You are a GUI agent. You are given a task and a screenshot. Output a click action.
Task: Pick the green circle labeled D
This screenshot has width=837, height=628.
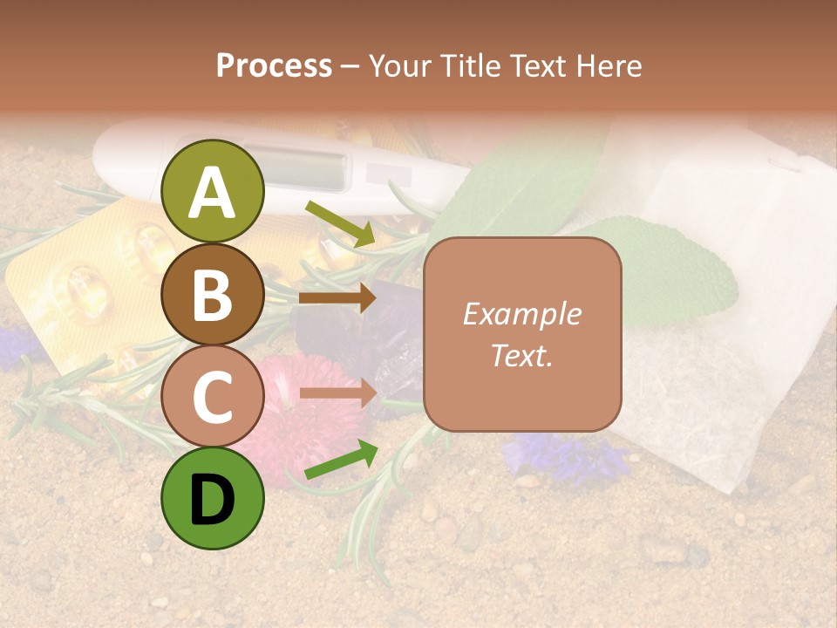click(213, 500)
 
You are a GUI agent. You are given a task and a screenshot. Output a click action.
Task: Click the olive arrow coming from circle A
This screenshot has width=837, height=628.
click(339, 223)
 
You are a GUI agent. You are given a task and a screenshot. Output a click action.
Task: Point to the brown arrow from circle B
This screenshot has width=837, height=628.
click(337, 298)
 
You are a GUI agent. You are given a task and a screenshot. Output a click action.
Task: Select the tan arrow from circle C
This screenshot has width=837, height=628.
click(337, 392)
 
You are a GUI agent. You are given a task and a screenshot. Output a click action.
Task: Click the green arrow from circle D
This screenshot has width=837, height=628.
click(339, 461)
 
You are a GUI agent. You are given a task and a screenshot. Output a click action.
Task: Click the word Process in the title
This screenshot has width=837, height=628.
click(274, 65)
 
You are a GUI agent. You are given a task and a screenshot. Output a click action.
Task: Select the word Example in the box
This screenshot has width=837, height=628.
click(522, 314)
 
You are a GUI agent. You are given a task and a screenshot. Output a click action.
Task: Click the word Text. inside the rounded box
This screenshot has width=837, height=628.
click(522, 355)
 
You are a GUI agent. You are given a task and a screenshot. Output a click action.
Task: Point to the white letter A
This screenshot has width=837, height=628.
click(213, 194)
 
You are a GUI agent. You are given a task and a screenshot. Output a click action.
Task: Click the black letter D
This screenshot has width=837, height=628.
click(213, 500)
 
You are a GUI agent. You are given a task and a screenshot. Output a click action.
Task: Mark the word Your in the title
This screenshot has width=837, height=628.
click(398, 65)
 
